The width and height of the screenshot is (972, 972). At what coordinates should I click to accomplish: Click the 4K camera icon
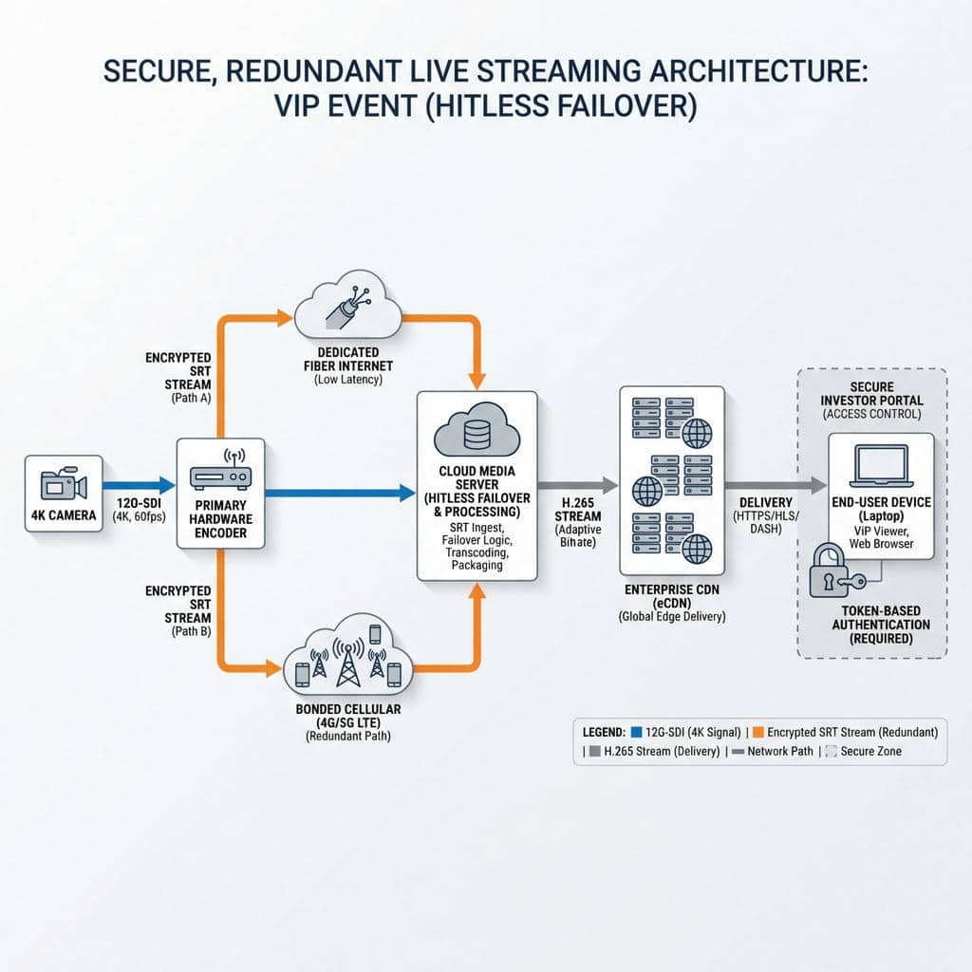tap(64, 484)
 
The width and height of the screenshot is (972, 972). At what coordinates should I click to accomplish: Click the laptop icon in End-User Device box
tap(880, 466)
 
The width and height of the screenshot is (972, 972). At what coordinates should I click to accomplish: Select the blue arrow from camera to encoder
tap(140, 485)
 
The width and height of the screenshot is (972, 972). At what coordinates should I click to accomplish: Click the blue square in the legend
tap(635, 732)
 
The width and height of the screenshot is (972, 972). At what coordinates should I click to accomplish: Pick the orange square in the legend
tap(757, 732)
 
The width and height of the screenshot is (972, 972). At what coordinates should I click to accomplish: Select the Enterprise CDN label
tap(670, 596)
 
